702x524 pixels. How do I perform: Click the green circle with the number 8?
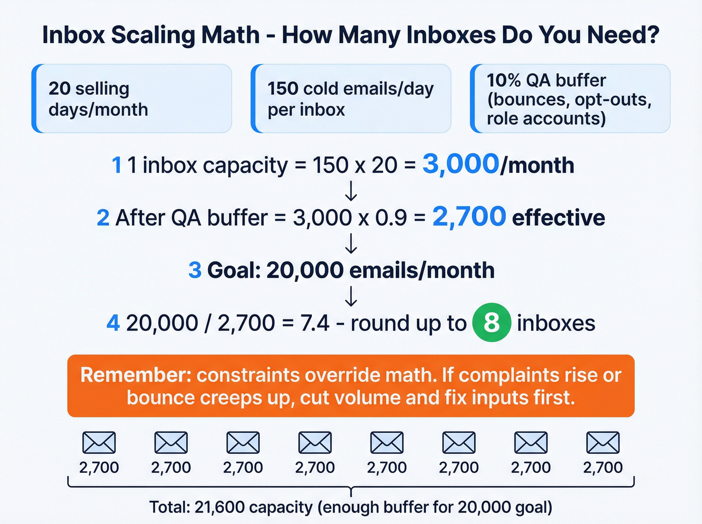coord(491,323)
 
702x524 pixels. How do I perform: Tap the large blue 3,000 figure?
coord(461,164)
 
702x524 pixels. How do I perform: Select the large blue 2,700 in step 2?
coord(469,217)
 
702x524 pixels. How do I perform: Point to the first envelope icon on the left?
coord(99,443)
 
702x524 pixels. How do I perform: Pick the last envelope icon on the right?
coord(603,443)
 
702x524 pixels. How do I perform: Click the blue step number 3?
coord(195,270)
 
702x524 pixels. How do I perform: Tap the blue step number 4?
coord(113,323)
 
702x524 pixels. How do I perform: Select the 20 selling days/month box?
coord(132,99)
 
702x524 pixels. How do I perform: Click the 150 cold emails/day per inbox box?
coord(351,99)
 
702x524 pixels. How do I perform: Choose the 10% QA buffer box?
coord(570,99)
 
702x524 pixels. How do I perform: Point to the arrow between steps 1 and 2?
coord(351,191)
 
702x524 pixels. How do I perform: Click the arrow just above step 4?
coord(351,296)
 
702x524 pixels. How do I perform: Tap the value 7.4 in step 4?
coord(315,323)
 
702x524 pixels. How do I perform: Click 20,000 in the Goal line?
coord(305,270)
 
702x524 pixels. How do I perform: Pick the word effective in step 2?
coord(559,218)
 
